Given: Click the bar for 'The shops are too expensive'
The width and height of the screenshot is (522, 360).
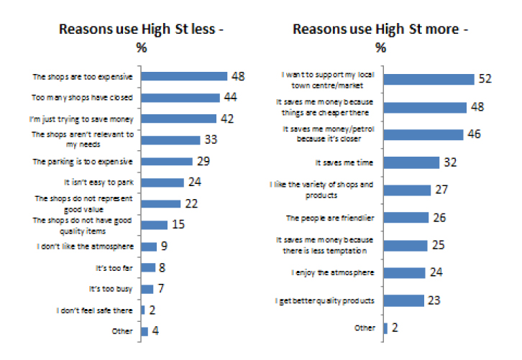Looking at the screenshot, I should [x=183, y=76].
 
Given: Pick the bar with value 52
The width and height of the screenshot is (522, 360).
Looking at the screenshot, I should [x=429, y=78].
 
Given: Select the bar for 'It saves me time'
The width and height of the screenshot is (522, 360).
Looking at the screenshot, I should [x=411, y=162].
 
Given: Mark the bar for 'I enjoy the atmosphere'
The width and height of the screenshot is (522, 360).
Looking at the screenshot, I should [x=406, y=272].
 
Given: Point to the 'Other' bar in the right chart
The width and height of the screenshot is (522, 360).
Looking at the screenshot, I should [x=385, y=328].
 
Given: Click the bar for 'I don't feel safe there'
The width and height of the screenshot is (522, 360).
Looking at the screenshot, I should [x=143, y=310].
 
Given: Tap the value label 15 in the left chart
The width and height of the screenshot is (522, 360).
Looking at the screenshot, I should [x=178, y=225].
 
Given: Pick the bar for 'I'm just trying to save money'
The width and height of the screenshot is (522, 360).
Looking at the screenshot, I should [x=178, y=119].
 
